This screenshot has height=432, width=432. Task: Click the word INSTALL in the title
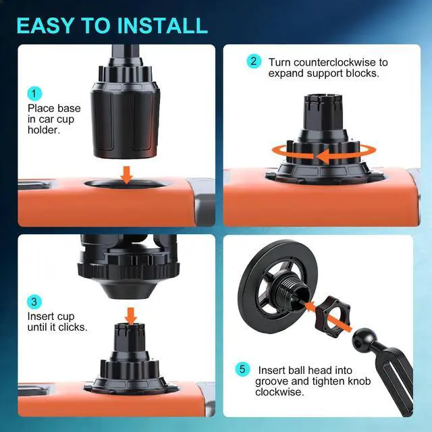[x=162, y=26]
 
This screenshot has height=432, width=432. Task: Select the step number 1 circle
[x=34, y=94]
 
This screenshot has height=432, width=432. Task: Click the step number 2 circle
[x=254, y=61]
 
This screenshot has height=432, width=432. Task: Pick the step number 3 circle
[x=34, y=302]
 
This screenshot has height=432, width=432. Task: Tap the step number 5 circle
[x=243, y=369]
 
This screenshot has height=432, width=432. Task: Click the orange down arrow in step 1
[x=127, y=175]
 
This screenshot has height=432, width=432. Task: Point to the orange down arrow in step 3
[x=130, y=316]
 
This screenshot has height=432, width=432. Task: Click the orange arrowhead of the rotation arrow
[x=323, y=157]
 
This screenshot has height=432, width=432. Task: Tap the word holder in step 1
[x=43, y=130]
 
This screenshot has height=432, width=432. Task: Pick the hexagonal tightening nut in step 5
[x=333, y=317]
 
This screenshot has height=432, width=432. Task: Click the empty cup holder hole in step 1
[x=126, y=184]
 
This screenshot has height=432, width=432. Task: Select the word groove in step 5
[x=271, y=382]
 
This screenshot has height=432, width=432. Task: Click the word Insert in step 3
[x=40, y=316]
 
